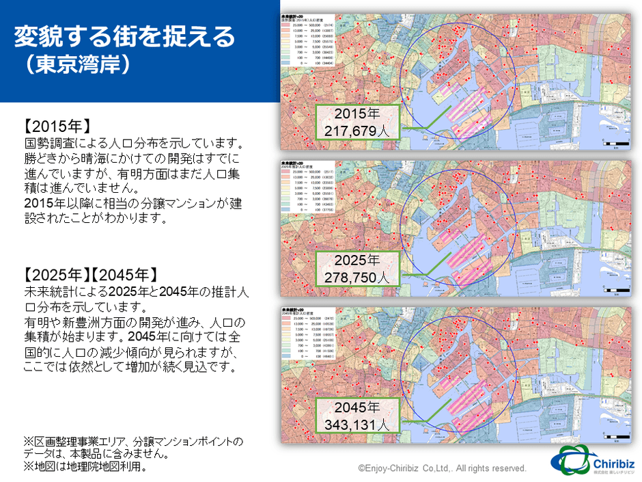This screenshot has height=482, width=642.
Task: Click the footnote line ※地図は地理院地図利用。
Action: pyautogui.click(x=85, y=468)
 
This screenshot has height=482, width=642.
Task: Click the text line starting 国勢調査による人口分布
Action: pyautogui.click(x=134, y=145)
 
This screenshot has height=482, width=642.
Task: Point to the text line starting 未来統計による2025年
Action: pyautogui.click(x=134, y=293)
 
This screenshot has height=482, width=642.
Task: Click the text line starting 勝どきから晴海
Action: pyautogui.click(x=134, y=160)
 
